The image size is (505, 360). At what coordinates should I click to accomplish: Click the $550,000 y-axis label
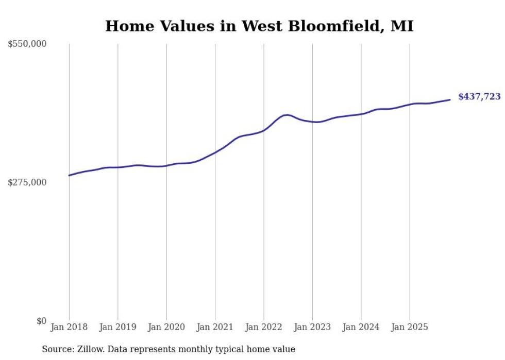27,44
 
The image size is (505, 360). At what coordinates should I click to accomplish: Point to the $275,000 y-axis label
27,182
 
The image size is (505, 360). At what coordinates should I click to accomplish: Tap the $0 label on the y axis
41,321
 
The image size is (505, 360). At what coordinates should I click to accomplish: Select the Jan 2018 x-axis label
69,327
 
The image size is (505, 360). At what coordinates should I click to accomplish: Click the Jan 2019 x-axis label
117,327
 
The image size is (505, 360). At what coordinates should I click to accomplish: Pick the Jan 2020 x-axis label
166,327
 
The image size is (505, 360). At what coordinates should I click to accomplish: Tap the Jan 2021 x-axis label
215,327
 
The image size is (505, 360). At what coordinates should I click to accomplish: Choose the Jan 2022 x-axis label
264,327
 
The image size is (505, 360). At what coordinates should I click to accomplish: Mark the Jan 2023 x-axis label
312,327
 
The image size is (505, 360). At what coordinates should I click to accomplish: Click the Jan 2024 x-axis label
361,327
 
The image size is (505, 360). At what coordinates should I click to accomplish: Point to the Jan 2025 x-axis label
410,327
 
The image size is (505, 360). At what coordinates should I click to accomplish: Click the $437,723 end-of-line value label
479,97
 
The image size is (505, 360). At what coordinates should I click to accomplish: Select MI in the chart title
402,26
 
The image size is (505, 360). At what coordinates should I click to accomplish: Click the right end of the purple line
450,99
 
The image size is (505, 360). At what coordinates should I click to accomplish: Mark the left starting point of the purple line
69,176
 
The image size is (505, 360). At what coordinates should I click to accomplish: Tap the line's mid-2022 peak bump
287,115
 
